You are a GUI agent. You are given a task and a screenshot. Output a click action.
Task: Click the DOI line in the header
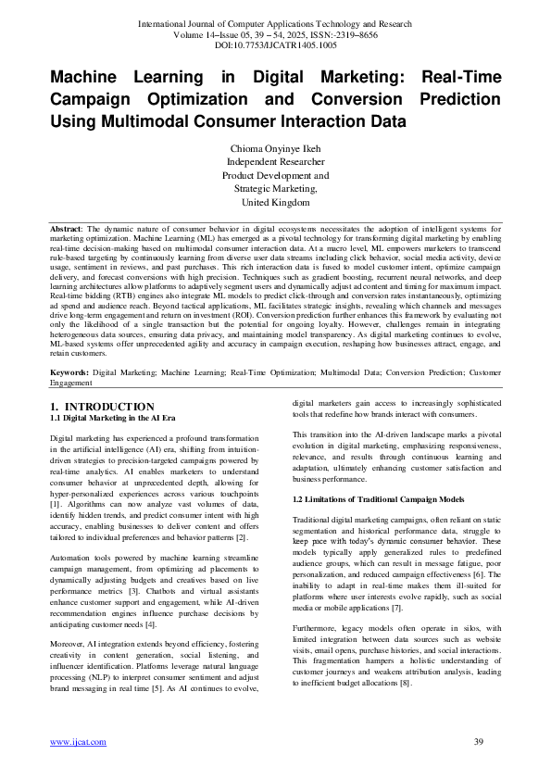point(275,44)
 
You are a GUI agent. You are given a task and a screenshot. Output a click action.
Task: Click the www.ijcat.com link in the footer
point(69,741)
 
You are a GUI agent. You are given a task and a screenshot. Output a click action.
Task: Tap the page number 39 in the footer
point(479,741)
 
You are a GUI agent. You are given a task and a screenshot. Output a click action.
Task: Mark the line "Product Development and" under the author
point(276,174)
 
